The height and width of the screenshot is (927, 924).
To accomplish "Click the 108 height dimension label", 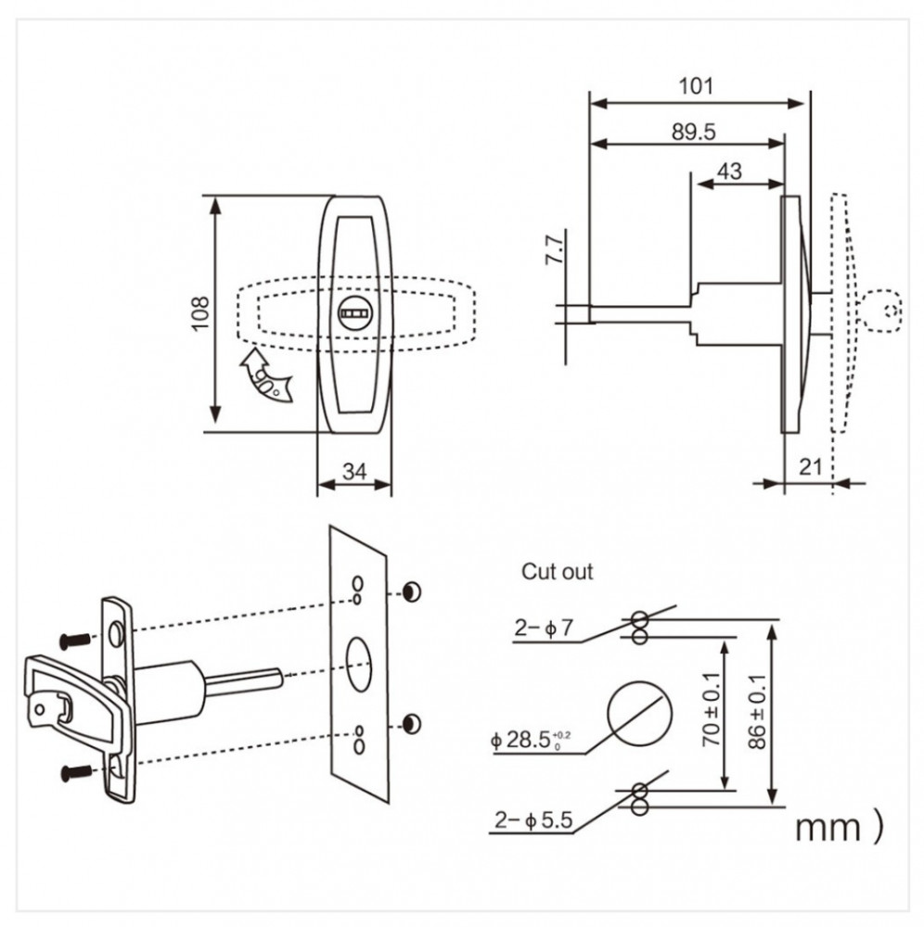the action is [x=200, y=313].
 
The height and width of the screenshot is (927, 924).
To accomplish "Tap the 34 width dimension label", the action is [x=354, y=471].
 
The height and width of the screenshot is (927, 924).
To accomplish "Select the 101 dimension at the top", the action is [x=696, y=86].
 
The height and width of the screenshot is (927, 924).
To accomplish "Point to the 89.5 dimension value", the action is [x=693, y=132].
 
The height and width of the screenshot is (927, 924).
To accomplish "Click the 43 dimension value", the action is [x=729, y=171].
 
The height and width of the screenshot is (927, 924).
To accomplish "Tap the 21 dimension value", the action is [x=811, y=467].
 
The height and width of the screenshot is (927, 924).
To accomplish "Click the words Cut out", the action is [x=557, y=572].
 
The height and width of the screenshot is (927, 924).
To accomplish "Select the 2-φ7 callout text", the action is [x=544, y=628].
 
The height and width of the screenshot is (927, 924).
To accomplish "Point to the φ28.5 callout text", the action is [x=531, y=740].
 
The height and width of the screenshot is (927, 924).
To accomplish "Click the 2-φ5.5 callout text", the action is [x=533, y=820].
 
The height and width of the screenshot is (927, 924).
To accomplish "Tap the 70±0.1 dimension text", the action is [x=711, y=709].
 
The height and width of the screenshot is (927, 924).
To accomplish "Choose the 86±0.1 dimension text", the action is [x=757, y=712].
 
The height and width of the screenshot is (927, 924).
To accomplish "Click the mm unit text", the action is [x=827, y=828].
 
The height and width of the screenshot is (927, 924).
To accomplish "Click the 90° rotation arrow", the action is [x=265, y=375].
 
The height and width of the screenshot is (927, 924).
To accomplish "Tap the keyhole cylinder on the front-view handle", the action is [x=354, y=313].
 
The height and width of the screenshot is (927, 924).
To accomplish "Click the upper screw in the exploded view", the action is [x=76, y=640].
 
